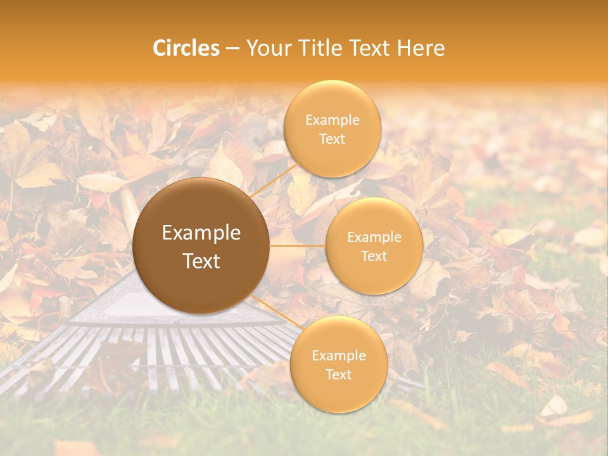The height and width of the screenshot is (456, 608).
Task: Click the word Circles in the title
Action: (x=186, y=48)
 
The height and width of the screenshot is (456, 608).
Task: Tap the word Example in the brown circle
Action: (x=201, y=233)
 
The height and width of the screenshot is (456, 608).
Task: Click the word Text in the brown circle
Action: (x=201, y=261)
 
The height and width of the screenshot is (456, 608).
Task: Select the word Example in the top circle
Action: (x=332, y=120)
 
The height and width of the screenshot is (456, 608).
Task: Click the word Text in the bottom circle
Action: (x=338, y=374)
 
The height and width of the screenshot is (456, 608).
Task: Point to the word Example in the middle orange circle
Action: (x=374, y=237)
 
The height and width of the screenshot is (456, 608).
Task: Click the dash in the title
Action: (x=232, y=49)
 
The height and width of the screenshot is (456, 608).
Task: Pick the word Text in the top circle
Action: (x=332, y=139)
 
